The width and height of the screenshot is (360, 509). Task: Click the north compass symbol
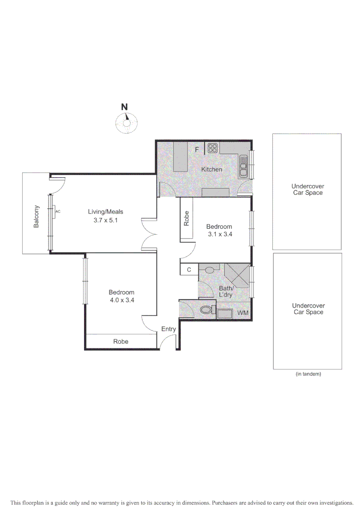click(126, 123)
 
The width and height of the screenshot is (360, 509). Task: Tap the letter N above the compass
click(124, 107)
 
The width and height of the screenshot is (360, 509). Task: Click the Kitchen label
click(212, 169)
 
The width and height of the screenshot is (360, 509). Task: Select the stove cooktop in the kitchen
click(212, 148)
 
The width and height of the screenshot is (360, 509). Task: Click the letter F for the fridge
click(197, 150)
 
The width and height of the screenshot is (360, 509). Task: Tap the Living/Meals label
click(106, 212)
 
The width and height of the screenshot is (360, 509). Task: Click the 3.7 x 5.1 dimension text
click(106, 220)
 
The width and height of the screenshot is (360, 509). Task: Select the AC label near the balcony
click(58, 212)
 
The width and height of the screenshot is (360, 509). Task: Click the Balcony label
click(36, 219)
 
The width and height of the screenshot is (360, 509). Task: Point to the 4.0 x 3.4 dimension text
click(121, 300)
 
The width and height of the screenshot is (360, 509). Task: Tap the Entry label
click(168, 329)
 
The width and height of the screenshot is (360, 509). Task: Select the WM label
click(243, 312)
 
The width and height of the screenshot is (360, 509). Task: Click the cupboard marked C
click(189, 270)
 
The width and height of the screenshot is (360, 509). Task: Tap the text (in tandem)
click(308, 374)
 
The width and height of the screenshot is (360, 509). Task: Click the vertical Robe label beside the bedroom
click(187, 219)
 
